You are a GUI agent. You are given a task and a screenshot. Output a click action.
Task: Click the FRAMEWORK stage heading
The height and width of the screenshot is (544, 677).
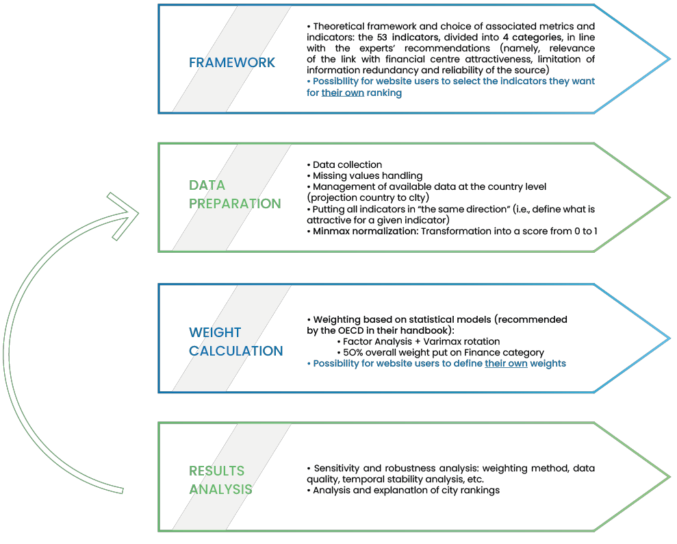coord(231,62)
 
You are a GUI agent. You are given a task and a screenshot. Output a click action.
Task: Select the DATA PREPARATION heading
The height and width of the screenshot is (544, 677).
coord(235,194)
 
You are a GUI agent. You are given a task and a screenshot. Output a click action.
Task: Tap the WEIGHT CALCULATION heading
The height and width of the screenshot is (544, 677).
coord(235,341)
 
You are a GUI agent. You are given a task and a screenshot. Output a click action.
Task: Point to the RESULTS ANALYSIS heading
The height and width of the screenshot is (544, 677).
coord(220,480)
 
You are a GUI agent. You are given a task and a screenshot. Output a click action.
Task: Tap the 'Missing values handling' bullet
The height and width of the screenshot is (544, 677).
coord(368,175)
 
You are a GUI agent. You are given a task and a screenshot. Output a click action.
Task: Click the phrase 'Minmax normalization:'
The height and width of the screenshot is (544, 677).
coord(365,231)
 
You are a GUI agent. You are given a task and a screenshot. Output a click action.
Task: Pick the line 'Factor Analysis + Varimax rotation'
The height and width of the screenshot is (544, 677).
coord(421,341)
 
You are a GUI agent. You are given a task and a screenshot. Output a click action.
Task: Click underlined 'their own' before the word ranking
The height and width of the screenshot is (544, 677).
coord(342,92)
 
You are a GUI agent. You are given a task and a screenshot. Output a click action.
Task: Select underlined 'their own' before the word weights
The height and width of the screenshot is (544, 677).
coord(506,363)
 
